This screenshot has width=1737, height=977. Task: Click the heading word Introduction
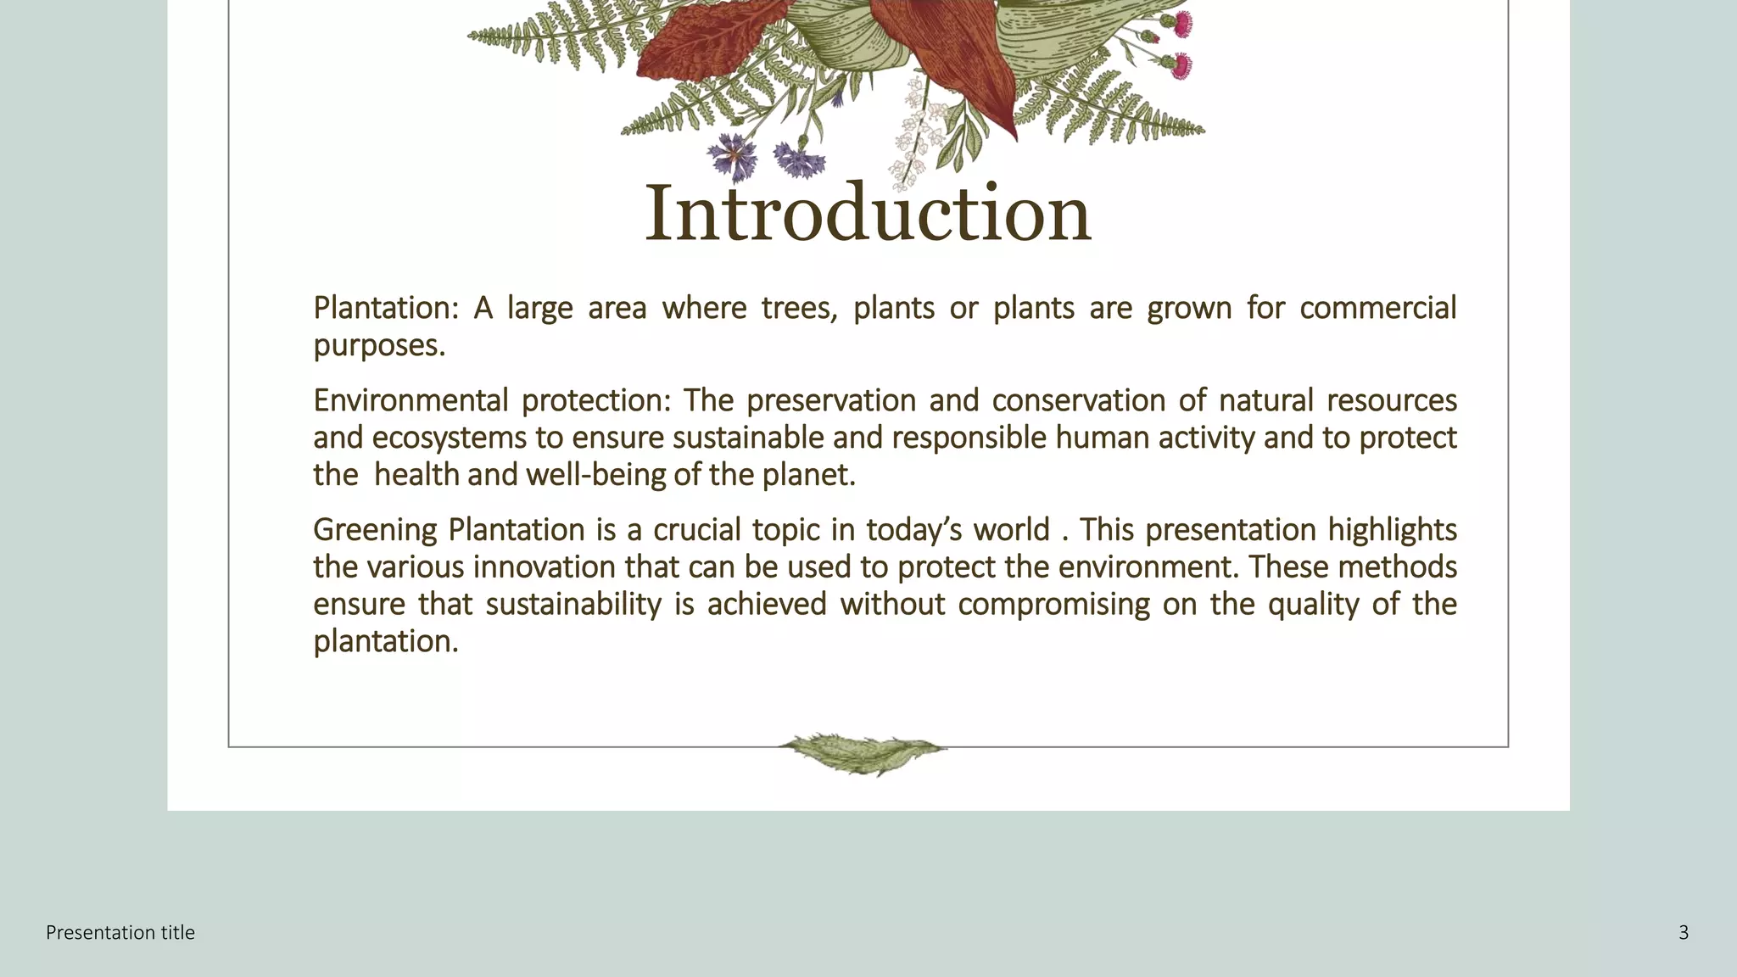868,214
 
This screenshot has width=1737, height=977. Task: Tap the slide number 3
1684,933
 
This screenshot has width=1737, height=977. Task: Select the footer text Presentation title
120,933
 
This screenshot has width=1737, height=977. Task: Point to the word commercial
1377,308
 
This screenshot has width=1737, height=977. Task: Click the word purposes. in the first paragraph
379,346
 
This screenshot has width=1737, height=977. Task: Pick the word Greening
375,530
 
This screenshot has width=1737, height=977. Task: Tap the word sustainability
573,605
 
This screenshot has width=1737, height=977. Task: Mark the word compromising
1053,605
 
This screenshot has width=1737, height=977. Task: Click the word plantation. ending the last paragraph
386,642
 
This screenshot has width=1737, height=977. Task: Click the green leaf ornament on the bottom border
863,752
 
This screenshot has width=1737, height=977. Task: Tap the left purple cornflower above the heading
733,156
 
